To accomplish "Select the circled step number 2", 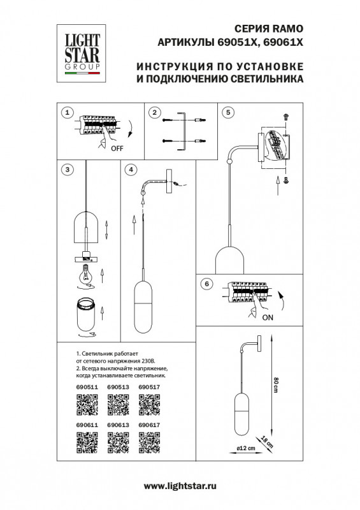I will click(x=153, y=112).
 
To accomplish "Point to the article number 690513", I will click(x=117, y=386).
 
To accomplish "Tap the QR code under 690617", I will click(x=148, y=442).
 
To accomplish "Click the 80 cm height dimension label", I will click(x=276, y=385).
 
